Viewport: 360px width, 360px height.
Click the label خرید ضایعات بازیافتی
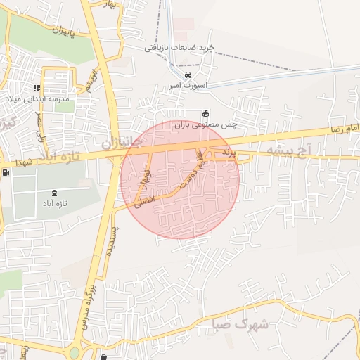[179, 49]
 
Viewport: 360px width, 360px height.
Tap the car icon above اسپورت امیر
[188, 75]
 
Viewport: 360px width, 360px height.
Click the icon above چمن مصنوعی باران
[205, 114]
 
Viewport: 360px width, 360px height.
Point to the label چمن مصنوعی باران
[207, 124]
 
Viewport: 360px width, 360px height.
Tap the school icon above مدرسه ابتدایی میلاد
[37, 89]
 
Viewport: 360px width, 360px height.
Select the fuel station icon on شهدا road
[6, 173]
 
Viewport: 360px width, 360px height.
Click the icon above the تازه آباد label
[55, 193]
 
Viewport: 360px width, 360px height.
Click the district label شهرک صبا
[241, 324]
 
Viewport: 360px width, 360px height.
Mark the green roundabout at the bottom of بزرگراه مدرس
[75, 352]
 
